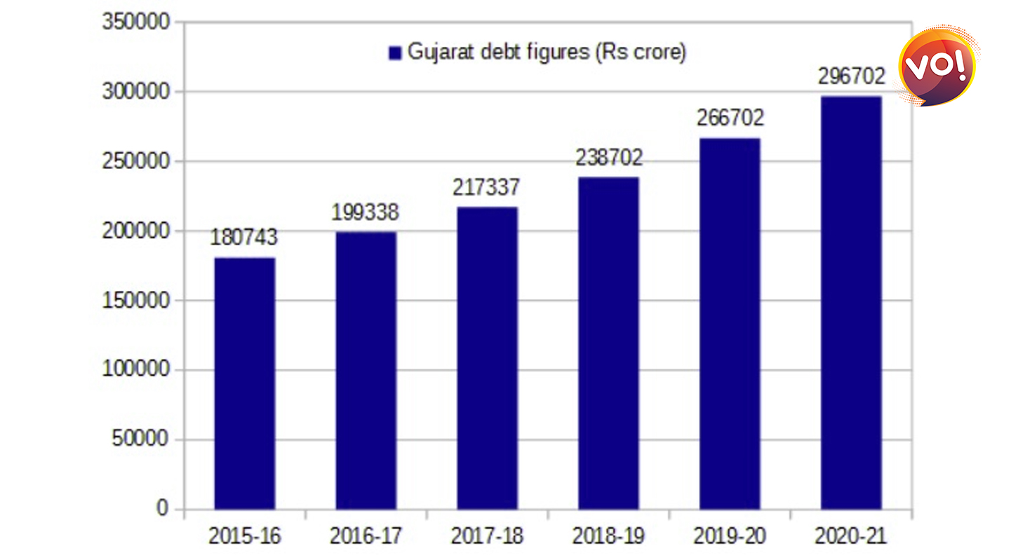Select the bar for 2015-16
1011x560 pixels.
click(x=244, y=383)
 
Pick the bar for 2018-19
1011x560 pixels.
click(x=608, y=343)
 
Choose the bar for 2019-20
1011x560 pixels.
click(x=730, y=323)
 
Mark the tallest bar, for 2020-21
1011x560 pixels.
click(x=851, y=302)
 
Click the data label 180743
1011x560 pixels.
click(x=244, y=237)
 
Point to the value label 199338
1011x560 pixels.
click(x=366, y=211)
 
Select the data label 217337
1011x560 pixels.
click(x=487, y=187)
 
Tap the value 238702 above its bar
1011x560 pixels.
click(x=608, y=158)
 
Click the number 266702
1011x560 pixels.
click(x=730, y=118)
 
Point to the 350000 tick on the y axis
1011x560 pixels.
click(x=137, y=22)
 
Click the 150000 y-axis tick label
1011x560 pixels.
click(x=137, y=301)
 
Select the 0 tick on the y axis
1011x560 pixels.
click(x=163, y=509)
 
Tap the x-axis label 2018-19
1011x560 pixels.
click(x=608, y=537)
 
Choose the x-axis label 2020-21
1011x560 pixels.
click(x=851, y=537)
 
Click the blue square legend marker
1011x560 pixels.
click(x=394, y=53)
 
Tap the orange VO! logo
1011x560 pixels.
click(x=937, y=65)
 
